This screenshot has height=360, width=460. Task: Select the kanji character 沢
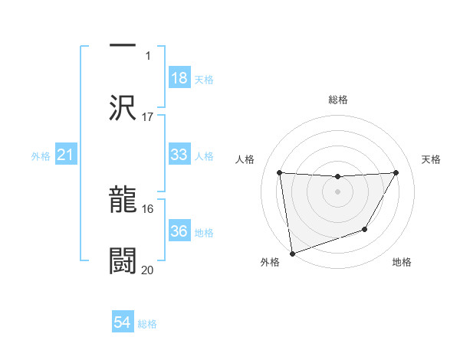point(123,107)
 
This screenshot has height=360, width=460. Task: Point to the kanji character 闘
point(123,260)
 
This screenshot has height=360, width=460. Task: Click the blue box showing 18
point(179,78)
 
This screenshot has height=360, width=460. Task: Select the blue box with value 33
point(179,155)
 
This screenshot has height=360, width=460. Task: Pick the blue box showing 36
point(179,231)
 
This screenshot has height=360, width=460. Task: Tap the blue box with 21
point(66,155)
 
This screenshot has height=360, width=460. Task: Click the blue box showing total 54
point(123,322)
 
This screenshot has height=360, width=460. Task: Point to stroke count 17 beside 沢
point(148,117)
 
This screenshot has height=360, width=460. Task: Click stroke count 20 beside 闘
point(148,270)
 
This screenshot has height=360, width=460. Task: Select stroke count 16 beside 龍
point(148,208)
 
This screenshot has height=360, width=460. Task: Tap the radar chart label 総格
point(338,100)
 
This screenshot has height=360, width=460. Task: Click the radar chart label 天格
point(432,159)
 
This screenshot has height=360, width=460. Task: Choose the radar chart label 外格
point(270,262)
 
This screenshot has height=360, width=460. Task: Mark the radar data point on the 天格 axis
point(396,172)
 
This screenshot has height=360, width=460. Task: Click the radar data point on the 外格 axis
point(292,253)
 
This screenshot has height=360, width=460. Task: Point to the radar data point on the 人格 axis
point(279,172)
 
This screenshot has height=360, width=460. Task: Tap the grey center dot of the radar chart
point(338,191)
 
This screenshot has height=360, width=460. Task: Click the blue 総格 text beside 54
point(147,324)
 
